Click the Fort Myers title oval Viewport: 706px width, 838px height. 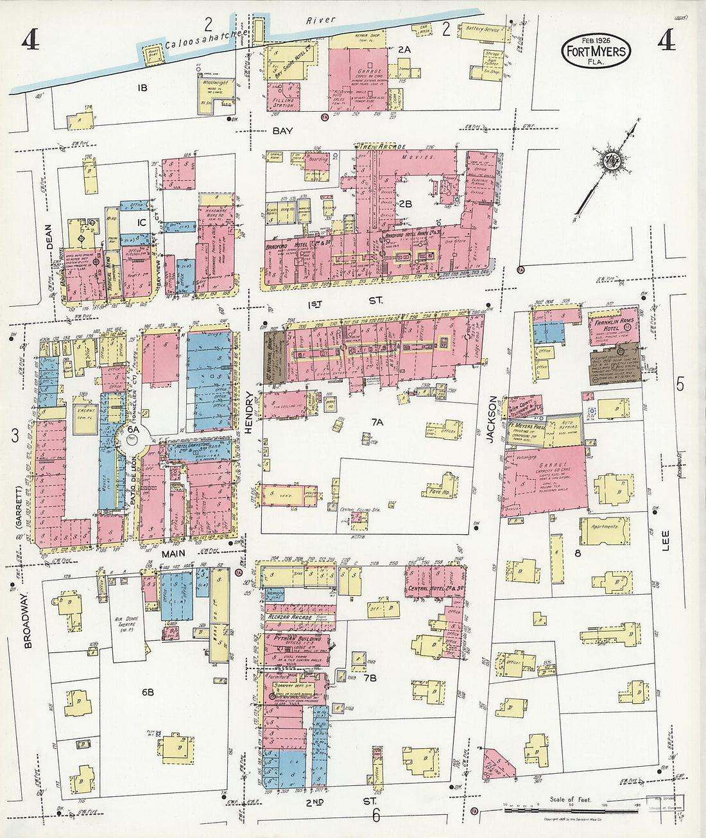point(596,51)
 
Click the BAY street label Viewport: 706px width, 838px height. point(282,130)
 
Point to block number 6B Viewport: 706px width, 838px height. point(148,692)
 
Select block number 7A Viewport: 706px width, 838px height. point(377,422)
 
